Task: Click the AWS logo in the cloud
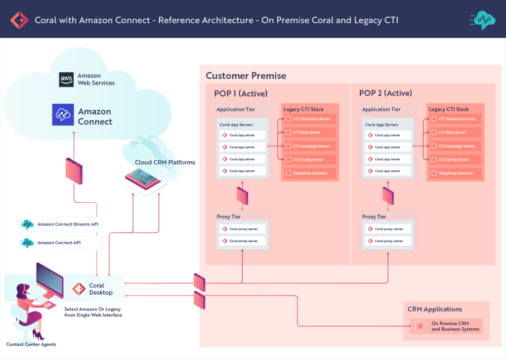pyautogui.click(x=66, y=80)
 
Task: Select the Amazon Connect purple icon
pyautogui.click(x=63, y=115)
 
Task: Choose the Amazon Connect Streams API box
pyautogui.click(x=59, y=224)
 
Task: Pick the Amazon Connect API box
pyautogui.click(x=59, y=243)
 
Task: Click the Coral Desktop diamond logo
pyautogui.click(x=79, y=289)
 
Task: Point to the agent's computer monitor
pyautogui.click(x=49, y=280)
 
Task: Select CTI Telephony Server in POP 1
pyautogui.click(x=310, y=119)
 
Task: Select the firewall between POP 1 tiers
pyautogui.click(x=242, y=196)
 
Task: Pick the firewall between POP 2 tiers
pyautogui.click(x=388, y=196)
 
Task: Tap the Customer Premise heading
pyautogui.click(x=246, y=76)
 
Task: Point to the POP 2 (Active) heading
pyautogui.click(x=385, y=93)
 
